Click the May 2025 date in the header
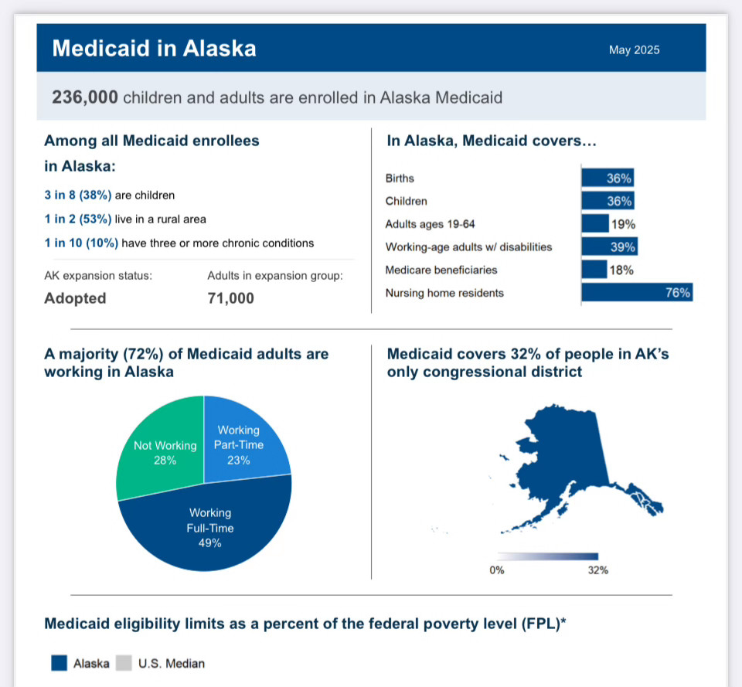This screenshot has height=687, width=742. pyautogui.click(x=634, y=49)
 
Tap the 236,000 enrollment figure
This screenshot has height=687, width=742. pyautogui.click(x=85, y=97)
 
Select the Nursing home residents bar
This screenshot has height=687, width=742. pyautogui.click(x=637, y=292)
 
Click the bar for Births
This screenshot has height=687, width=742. pyautogui.click(x=608, y=178)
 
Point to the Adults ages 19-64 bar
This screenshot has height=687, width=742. pyautogui.click(x=595, y=223)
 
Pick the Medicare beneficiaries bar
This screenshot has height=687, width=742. pyautogui.click(x=594, y=270)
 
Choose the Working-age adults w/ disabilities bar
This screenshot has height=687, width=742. pyautogui.click(x=610, y=247)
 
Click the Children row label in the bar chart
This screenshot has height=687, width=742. pyautogui.click(x=406, y=201)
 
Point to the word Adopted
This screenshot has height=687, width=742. pyautogui.click(x=75, y=298)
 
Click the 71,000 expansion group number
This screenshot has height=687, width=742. pyautogui.click(x=231, y=298)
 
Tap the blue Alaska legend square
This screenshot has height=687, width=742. pyautogui.click(x=60, y=663)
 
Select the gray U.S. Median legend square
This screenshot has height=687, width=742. pyautogui.click(x=124, y=663)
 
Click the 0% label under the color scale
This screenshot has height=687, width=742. pyautogui.click(x=497, y=570)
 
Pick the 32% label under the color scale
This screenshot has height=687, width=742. pyautogui.click(x=598, y=570)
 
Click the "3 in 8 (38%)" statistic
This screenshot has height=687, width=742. pyautogui.click(x=78, y=195)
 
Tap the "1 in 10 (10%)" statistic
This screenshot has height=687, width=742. pyautogui.click(x=81, y=243)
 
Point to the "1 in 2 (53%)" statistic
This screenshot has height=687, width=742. pyautogui.click(x=78, y=219)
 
